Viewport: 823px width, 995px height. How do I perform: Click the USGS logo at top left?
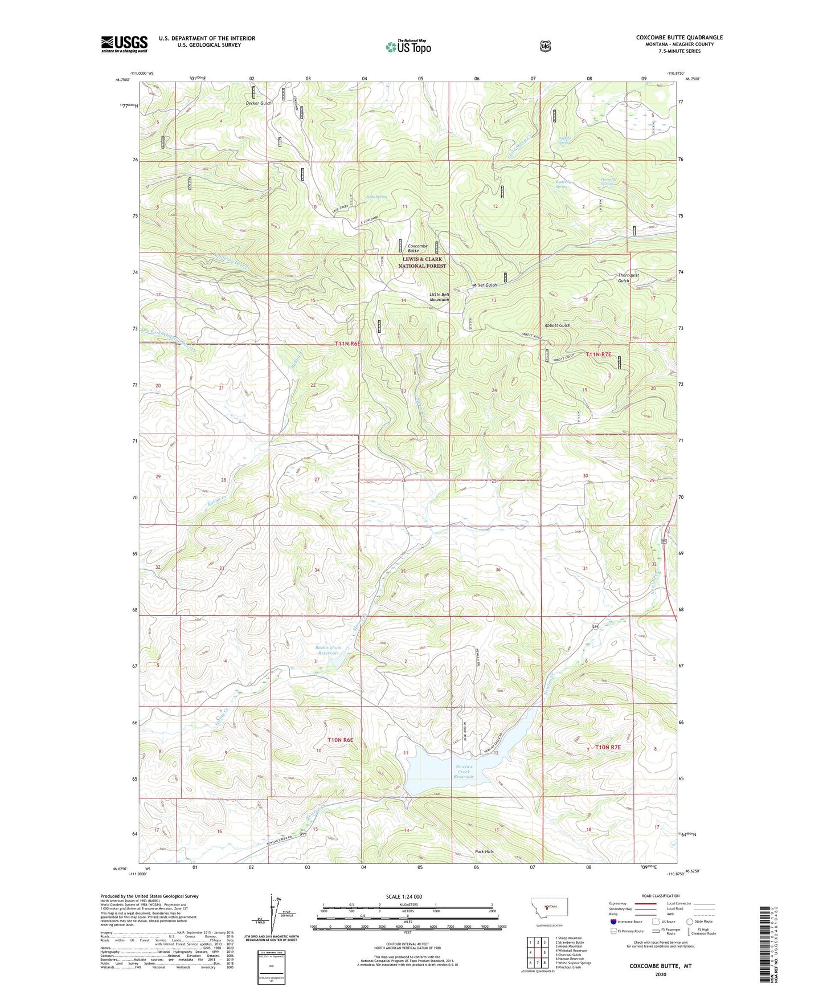(x=124, y=44)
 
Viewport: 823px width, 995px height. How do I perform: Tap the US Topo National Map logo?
(x=407, y=47)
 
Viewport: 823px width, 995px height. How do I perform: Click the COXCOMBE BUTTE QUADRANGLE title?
(x=679, y=38)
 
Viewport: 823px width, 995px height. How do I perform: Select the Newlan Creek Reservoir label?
(x=464, y=772)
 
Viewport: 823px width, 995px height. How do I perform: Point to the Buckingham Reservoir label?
(x=327, y=650)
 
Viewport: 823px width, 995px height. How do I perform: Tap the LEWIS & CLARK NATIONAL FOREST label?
(x=422, y=263)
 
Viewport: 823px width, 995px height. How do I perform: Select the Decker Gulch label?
(x=259, y=103)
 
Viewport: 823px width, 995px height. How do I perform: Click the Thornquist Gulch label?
(x=628, y=278)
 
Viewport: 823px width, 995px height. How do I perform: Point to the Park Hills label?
(x=485, y=851)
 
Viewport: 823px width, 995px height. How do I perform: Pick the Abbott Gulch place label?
(x=557, y=325)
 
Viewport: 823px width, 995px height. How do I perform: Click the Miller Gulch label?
(x=485, y=285)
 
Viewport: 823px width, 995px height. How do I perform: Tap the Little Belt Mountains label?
(x=439, y=296)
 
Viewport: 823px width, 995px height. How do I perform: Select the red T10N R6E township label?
(x=340, y=740)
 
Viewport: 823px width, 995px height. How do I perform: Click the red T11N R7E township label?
(x=597, y=354)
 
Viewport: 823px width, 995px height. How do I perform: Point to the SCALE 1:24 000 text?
(x=404, y=896)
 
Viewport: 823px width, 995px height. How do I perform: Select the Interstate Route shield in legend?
(x=613, y=921)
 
